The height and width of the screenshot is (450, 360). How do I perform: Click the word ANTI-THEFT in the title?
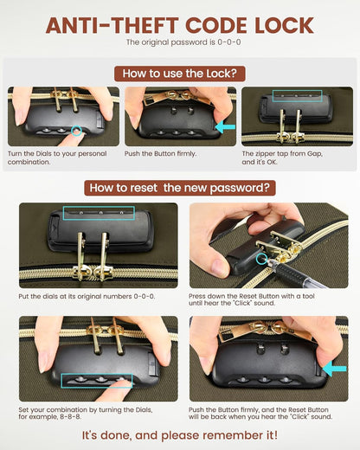tap(112, 25)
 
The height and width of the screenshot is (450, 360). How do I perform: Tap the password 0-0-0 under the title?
tap(229, 42)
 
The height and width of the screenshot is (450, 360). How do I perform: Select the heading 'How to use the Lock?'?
tap(180, 74)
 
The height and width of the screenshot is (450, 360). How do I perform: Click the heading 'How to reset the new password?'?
tap(180, 188)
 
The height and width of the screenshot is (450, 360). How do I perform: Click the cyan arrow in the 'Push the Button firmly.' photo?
tap(226, 127)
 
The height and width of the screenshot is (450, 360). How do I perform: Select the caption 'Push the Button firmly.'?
tap(160, 154)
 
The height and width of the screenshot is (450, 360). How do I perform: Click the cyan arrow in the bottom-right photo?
tap(334, 369)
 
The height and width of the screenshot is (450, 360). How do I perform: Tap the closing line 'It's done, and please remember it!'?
tap(180, 435)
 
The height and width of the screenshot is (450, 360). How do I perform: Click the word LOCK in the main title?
tap(284, 25)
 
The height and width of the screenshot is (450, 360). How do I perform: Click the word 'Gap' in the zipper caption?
tap(314, 154)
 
